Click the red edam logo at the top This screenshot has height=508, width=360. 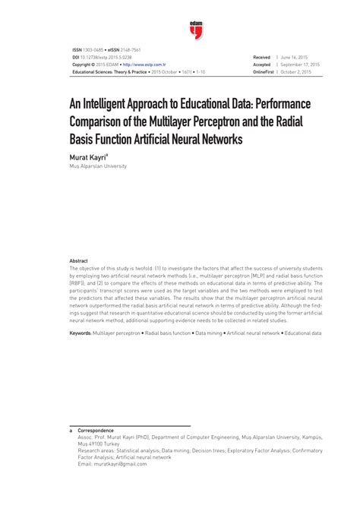pos(196,28)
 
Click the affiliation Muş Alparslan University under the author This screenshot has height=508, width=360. pos(98,166)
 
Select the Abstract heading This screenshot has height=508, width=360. pos(78,260)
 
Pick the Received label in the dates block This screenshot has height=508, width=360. pos(261,58)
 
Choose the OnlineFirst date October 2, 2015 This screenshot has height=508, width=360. pos(297,72)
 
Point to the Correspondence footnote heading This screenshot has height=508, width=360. pos(95,430)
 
